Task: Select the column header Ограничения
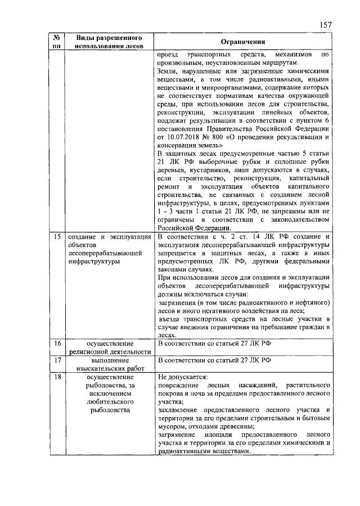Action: pos(243,42)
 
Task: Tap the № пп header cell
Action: pos(56,42)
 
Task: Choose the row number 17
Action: pos(57,360)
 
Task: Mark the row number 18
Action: pos(57,377)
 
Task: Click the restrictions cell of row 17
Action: pos(243,360)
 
